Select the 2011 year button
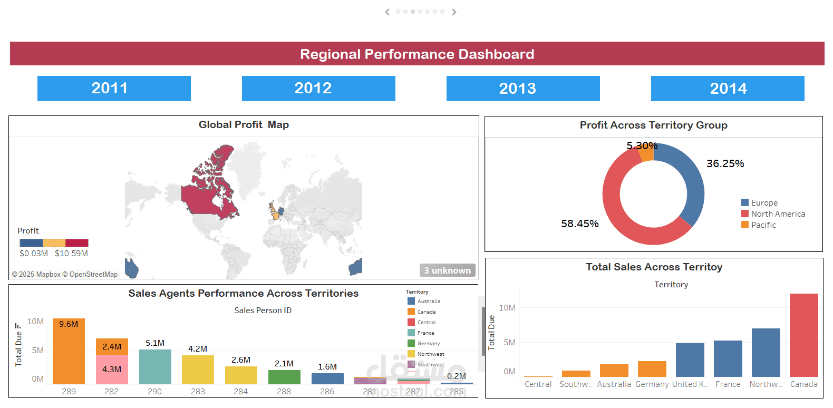click(x=114, y=89)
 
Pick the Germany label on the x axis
click(x=652, y=384)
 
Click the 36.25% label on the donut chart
click(x=725, y=164)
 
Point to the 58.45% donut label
click(x=579, y=224)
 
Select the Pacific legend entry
click(x=763, y=225)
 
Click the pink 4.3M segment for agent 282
click(x=112, y=370)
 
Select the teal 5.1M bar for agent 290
click(x=155, y=366)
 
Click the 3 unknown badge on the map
click(x=447, y=270)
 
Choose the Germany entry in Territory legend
click(x=428, y=344)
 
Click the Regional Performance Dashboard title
click(x=417, y=54)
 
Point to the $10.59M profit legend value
click(x=71, y=254)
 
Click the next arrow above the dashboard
click(x=454, y=12)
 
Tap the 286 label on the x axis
click(x=327, y=392)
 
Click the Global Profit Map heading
click(x=244, y=125)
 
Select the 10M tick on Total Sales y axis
click(x=507, y=308)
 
